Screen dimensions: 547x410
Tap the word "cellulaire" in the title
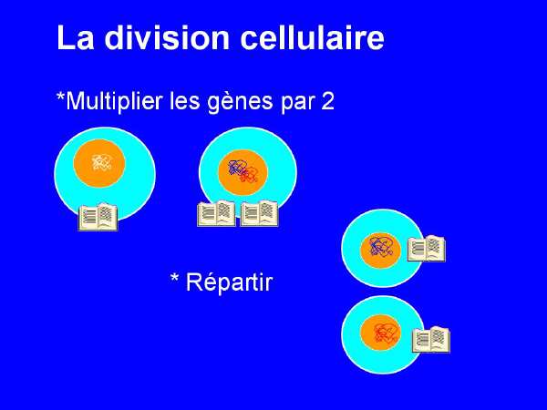click(313, 37)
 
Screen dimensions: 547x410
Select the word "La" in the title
click(76, 37)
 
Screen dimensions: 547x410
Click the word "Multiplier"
click(114, 101)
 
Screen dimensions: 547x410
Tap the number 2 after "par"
click(327, 102)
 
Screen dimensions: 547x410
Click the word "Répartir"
click(229, 282)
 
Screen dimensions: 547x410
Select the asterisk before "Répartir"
click(175, 278)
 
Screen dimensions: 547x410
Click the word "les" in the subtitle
click(185, 101)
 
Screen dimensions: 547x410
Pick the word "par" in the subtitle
click(298, 104)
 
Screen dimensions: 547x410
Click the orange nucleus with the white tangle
click(99, 163)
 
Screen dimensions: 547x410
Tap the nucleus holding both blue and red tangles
click(243, 172)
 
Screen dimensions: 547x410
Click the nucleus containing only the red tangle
click(380, 333)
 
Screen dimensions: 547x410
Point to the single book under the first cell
click(98, 217)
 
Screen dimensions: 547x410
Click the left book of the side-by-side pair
click(216, 214)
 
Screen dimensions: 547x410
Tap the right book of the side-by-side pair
click(259, 214)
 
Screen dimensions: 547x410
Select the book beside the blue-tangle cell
click(427, 249)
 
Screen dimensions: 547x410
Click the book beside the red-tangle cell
click(431, 340)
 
